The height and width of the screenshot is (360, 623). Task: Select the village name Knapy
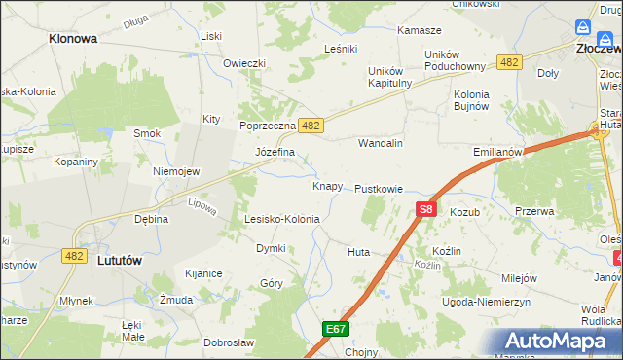click(326, 185)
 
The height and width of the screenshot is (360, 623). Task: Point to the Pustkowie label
click(379, 188)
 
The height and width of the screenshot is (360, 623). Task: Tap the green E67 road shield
click(336, 330)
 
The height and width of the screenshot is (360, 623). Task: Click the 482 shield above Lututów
click(72, 255)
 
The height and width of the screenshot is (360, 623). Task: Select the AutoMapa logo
click(562, 341)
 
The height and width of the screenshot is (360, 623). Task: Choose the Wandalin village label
click(381, 143)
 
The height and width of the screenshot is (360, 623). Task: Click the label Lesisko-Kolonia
click(282, 220)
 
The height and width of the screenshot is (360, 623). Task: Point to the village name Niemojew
click(176, 171)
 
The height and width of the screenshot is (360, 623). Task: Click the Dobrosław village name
click(229, 342)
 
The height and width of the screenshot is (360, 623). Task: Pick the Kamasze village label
click(420, 30)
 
